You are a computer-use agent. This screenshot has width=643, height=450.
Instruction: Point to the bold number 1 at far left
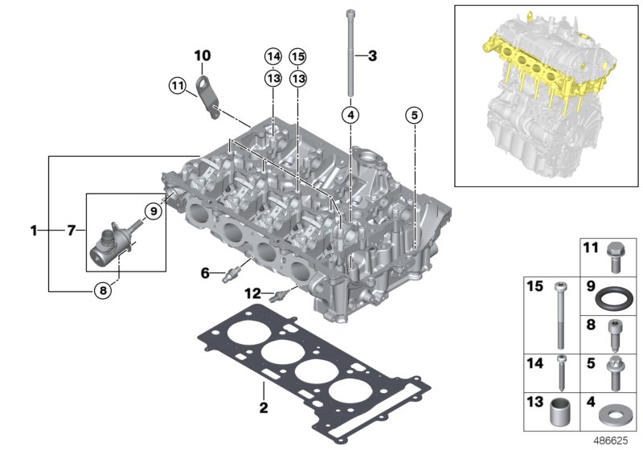34,231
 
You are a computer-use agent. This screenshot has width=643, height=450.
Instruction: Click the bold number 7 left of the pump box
71,231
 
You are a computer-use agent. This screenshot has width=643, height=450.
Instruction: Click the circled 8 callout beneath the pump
103,291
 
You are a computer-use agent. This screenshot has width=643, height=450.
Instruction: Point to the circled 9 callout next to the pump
150,211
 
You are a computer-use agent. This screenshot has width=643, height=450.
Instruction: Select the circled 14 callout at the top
273,56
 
